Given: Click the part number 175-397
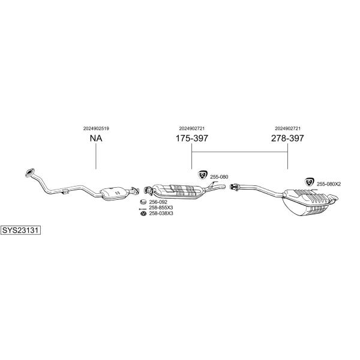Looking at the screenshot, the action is [192, 138].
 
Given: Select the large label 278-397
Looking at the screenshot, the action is [287, 138].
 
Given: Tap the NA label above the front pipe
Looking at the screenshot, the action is [96, 138].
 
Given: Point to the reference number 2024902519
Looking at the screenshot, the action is [96, 128].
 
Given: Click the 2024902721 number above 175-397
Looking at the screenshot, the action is [192, 128].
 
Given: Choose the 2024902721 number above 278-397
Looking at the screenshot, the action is [287, 128].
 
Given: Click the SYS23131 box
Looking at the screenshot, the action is [20, 230].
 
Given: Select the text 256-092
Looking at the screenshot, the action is [158, 202].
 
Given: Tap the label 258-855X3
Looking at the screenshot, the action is [161, 208].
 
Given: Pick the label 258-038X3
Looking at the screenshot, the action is [161, 213].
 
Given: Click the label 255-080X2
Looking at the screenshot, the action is [329, 184].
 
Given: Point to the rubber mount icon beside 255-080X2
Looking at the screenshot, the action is [309, 182].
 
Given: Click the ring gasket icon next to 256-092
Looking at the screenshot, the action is [143, 202].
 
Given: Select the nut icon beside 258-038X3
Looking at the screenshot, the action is [143, 214].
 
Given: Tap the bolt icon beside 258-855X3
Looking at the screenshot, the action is [143, 209].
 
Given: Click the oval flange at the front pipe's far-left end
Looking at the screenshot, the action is [29, 173].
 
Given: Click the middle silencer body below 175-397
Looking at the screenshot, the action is [178, 191].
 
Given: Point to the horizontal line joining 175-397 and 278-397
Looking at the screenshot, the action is [239, 152].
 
